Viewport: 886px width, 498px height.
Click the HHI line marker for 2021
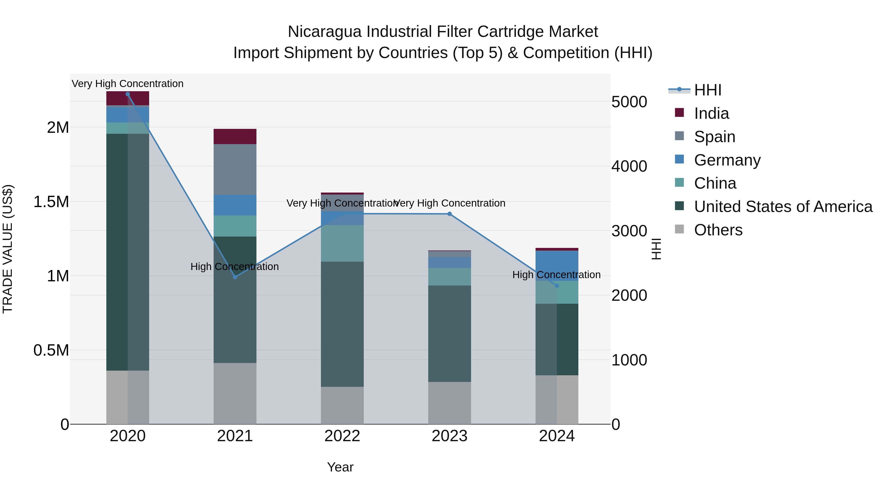point(235,277)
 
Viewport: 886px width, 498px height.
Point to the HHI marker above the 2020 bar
point(127,94)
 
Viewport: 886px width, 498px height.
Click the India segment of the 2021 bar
point(235,136)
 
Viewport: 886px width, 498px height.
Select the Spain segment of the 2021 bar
point(235,169)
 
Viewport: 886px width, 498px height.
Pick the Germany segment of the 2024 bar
point(557,266)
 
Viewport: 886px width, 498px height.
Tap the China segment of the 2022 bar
point(342,243)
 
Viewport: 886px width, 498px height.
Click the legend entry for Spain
point(714,137)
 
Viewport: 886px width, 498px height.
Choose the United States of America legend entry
point(783,207)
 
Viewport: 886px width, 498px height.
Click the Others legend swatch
point(679,229)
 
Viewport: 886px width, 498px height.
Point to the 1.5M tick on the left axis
point(51,202)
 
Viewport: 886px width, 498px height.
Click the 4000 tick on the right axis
point(629,166)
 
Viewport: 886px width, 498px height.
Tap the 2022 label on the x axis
point(342,436)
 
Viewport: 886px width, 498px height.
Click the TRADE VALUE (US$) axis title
point(8,249)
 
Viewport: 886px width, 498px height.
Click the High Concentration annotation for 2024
point(556,275)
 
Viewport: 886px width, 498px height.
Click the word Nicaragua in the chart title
point(324,32)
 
